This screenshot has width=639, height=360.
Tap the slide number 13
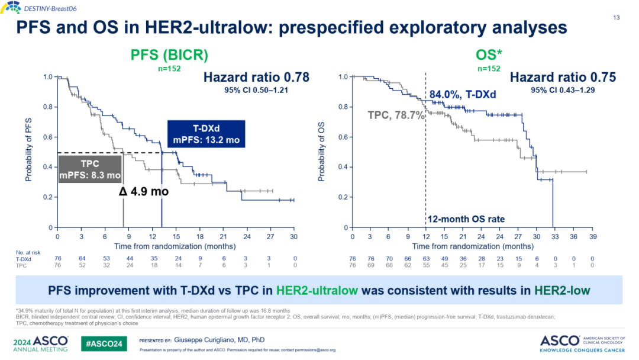616,17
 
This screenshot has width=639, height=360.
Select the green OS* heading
489,56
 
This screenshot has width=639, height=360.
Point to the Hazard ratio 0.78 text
256,77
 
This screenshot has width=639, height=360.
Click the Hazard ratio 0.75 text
563,77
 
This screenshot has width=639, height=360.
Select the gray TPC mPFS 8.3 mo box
90,169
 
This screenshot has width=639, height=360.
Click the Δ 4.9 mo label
144,191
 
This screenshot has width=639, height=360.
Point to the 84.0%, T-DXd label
463,95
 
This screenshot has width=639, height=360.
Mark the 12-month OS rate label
467,218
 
